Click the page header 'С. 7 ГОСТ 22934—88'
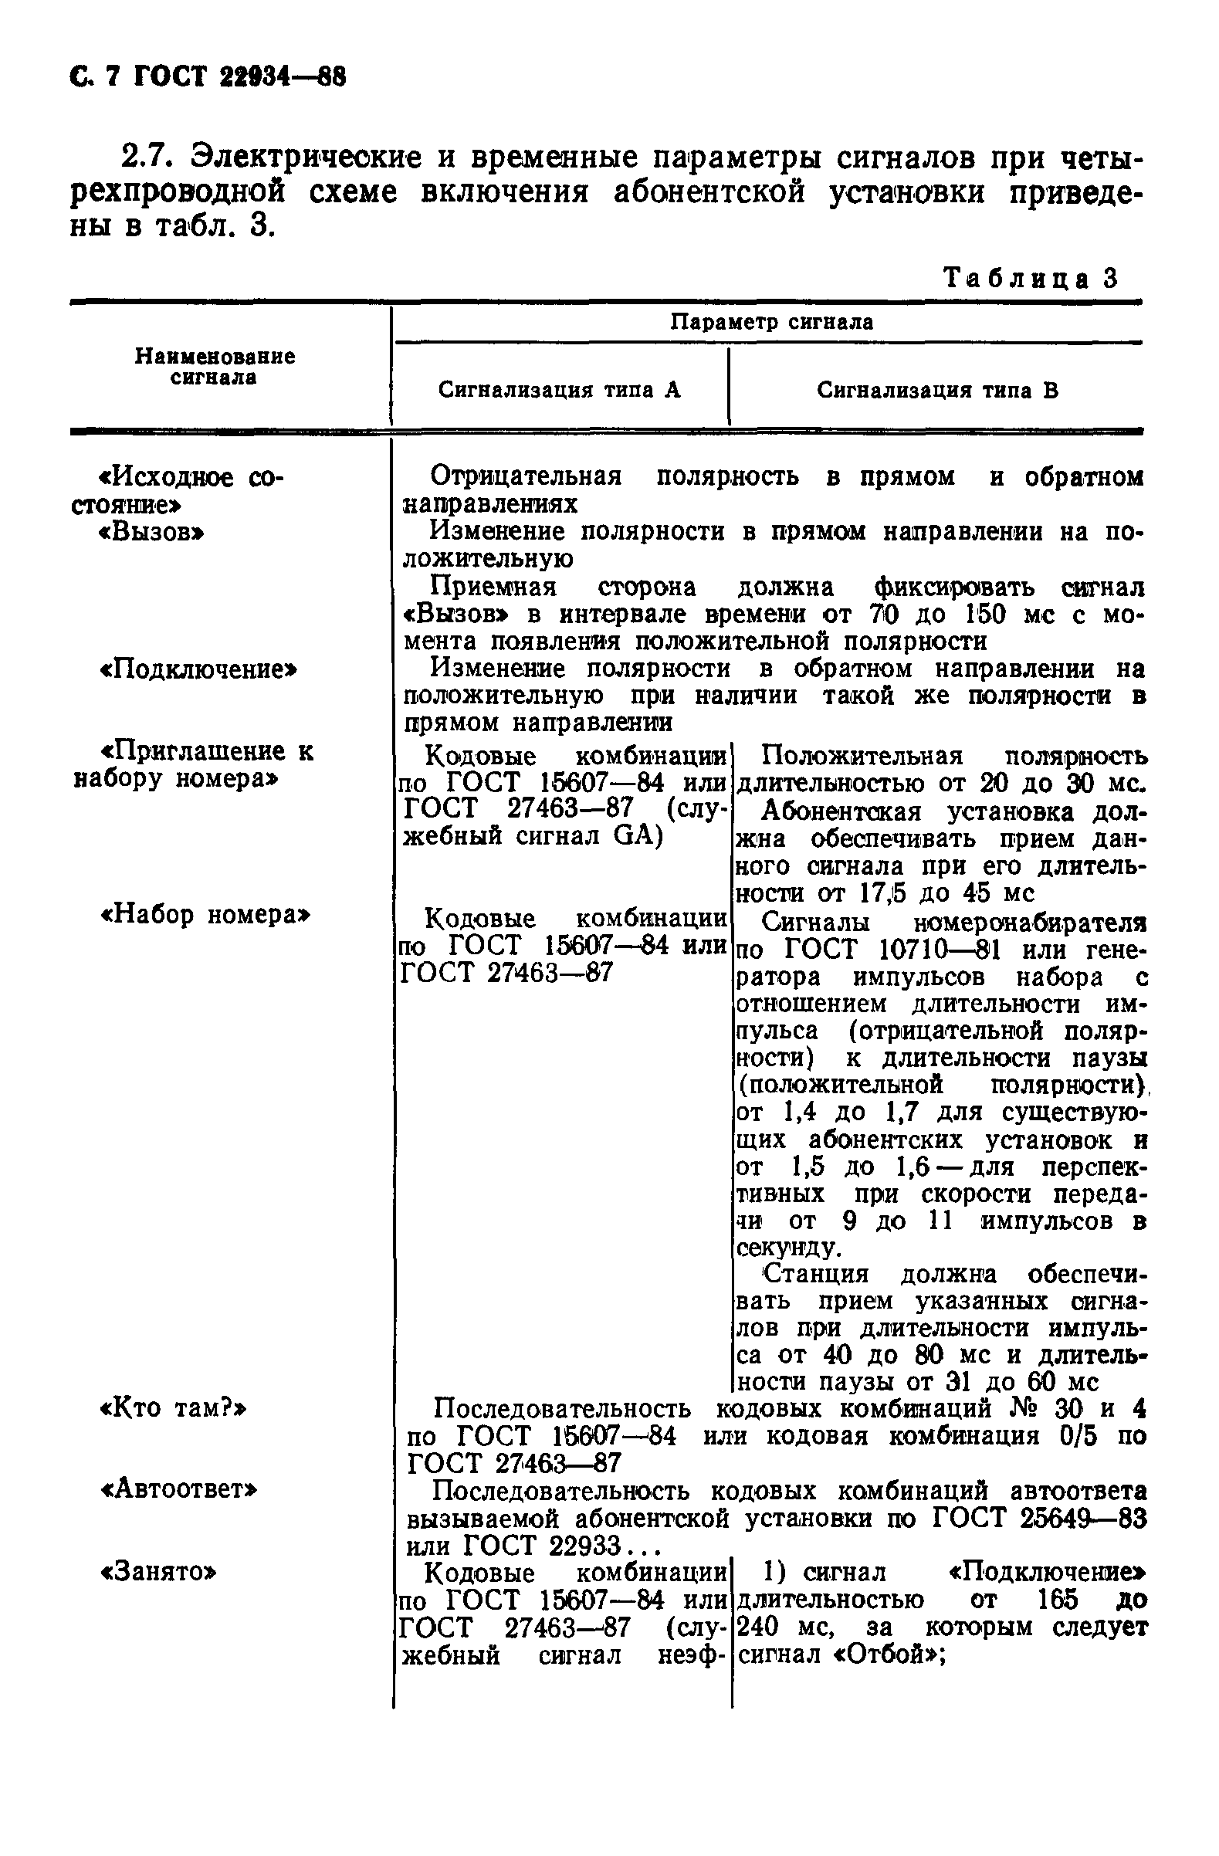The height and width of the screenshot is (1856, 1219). point(208,76)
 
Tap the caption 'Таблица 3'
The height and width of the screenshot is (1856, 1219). point(1031,278)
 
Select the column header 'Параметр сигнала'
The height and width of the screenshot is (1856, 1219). point(771,322)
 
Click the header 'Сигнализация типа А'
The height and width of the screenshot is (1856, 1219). point(559,390)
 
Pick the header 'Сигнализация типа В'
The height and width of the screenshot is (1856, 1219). point(937,390)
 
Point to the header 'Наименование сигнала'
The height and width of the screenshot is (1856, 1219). point(215,367)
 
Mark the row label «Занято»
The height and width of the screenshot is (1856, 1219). point(158,1572)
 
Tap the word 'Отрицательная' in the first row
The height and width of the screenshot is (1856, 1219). point(526,476)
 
